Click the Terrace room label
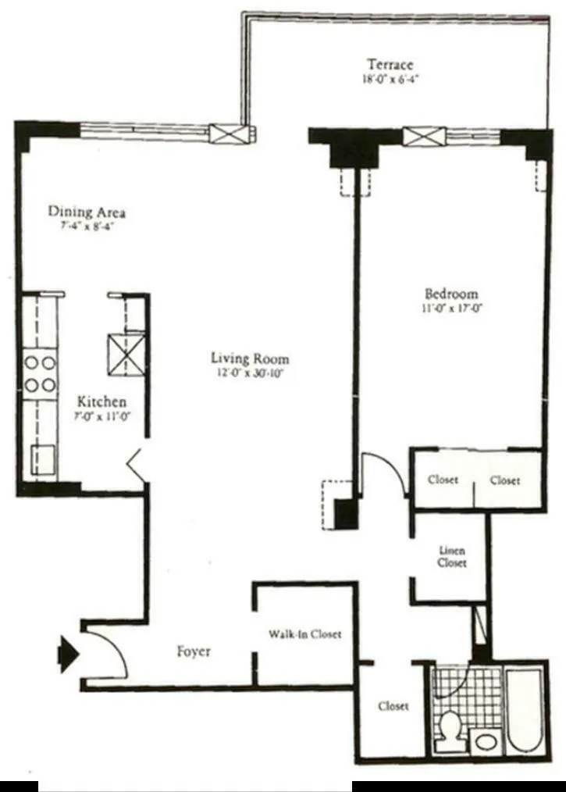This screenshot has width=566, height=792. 390,64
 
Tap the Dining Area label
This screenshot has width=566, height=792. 87,212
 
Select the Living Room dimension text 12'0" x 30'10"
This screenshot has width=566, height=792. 250,374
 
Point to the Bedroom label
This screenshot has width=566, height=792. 450,294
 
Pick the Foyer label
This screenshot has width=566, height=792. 193,651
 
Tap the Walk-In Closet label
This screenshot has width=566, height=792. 304,634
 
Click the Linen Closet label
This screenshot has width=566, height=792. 451,555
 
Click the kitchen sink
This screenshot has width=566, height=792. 43,459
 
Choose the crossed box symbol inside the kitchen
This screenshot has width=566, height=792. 126,354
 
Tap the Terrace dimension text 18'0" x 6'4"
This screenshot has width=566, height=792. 390,79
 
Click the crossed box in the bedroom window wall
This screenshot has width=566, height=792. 424,137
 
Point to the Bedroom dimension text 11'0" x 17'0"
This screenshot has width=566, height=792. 450,308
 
